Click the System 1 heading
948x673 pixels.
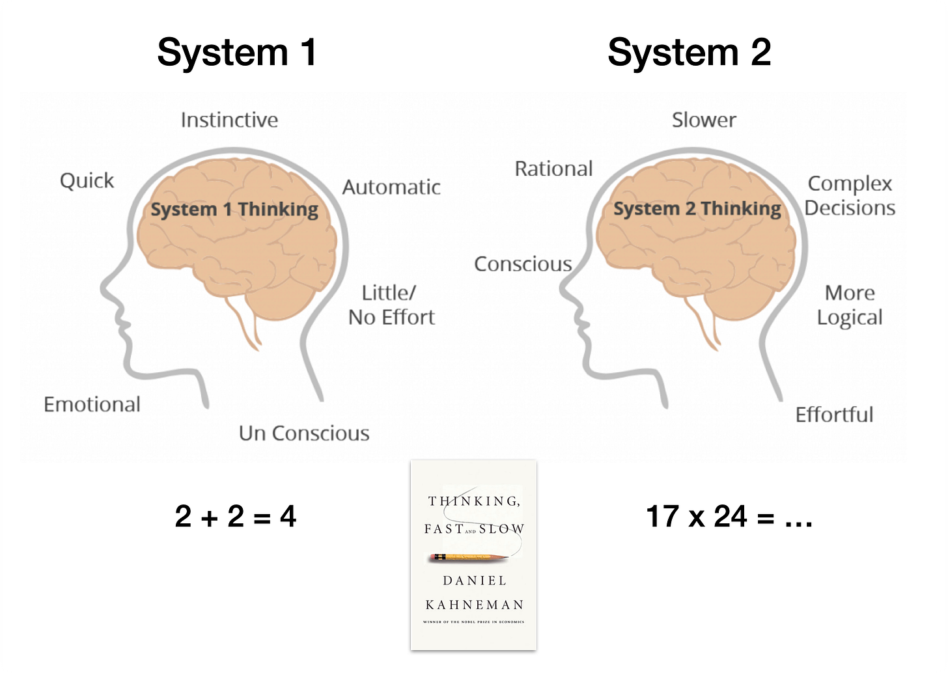tap(237, 52)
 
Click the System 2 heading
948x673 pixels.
tap(689, 52)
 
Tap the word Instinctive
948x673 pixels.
tap(229, 120)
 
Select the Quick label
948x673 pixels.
tap(87, 180)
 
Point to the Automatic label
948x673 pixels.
tap(391, 187)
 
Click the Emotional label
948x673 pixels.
tap(92, 404)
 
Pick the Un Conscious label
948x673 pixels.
tap(304, 433)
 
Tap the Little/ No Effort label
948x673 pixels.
tap(391, 305)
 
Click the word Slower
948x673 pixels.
tap(704, 120)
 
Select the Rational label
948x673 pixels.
tap(553, 169)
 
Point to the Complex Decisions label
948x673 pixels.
tap(850, 195)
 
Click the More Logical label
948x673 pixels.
tap(850, 305)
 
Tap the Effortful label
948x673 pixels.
tap(834, 415)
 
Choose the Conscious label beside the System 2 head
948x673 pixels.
tap(523, 264)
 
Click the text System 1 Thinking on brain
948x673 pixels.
tap(234, 210)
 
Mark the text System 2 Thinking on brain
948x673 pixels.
tap(697, 209)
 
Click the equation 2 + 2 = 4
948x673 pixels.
tap(236, 517)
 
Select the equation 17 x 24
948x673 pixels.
tap(729, 517)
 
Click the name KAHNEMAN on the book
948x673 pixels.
tap(474, 605)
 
